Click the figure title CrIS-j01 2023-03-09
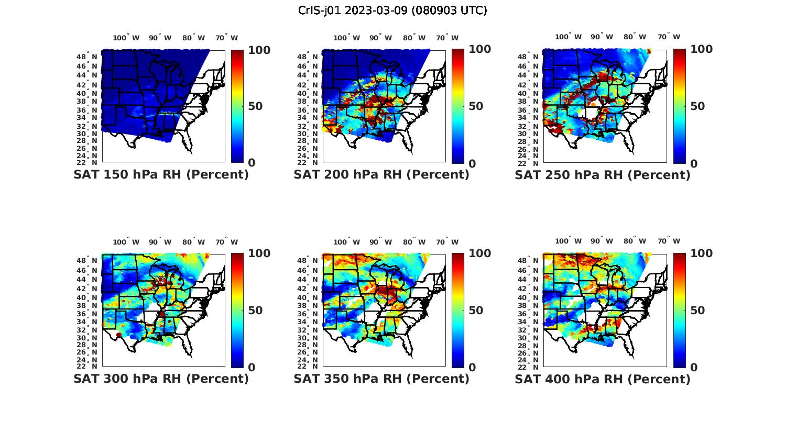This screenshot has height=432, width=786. (392, 10)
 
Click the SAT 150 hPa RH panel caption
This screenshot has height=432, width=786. (161, 174)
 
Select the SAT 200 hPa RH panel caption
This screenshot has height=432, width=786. (381, 174)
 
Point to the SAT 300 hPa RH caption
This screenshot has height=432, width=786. (161, 378)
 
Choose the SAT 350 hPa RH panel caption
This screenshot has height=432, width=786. (381, 378)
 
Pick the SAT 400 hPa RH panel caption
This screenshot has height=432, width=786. (603, 378)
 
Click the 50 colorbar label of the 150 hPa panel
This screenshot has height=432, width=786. (255, 106)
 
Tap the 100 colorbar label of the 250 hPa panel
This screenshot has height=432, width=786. (702, 49)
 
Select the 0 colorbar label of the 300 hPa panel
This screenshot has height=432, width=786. (252, 368)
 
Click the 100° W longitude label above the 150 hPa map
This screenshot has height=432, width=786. (126, 38)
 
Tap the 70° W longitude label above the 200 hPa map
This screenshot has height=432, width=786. (447, 38)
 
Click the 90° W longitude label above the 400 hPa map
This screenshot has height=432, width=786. (602, 241)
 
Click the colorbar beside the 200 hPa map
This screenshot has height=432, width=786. (458, 106)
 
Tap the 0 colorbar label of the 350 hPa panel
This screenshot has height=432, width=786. (472, 368)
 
